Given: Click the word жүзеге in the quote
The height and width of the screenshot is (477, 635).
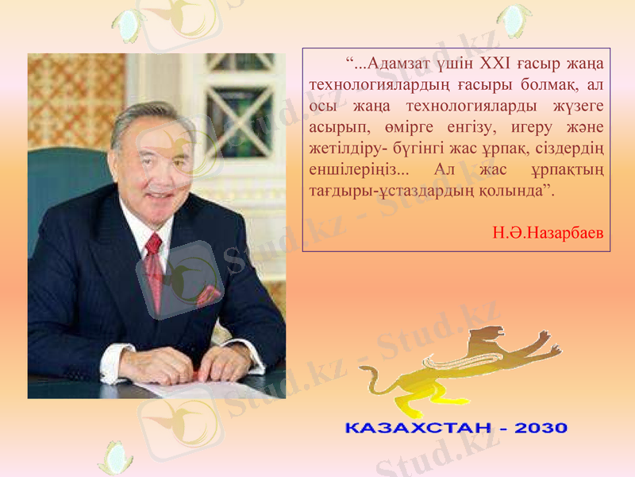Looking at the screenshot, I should coord(576,106).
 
